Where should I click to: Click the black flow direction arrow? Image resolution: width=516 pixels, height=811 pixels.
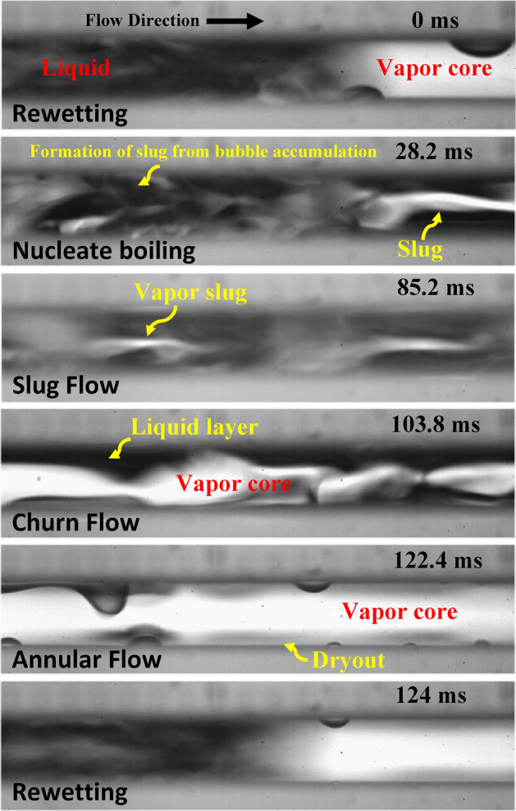[235, 22]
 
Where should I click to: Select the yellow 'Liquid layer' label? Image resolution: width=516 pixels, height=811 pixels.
[194, 426]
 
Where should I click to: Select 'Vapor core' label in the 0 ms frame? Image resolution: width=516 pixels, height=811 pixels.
[432, 69]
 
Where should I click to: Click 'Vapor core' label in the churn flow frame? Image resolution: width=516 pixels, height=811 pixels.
[235, 485]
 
